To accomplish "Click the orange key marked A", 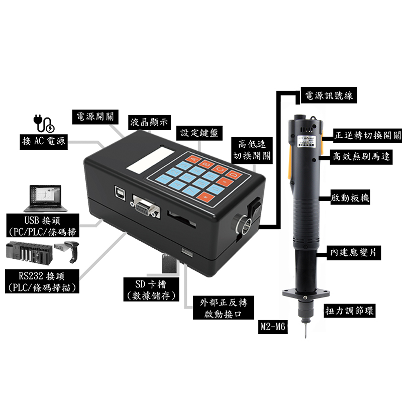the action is (194, 159).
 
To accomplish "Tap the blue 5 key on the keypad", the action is (188, 177).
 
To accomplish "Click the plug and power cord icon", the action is (44, 124).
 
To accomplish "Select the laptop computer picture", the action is (46, 198).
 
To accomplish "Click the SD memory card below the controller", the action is (169, 263).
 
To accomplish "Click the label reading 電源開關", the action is (95, 117).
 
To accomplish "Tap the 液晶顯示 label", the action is (149, 123).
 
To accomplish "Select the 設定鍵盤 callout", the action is (199, 133).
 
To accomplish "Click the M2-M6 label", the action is (273, 327).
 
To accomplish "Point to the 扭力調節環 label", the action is (349, 311).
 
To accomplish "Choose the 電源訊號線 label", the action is (329, 95).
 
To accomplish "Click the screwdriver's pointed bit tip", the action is (306, 337).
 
